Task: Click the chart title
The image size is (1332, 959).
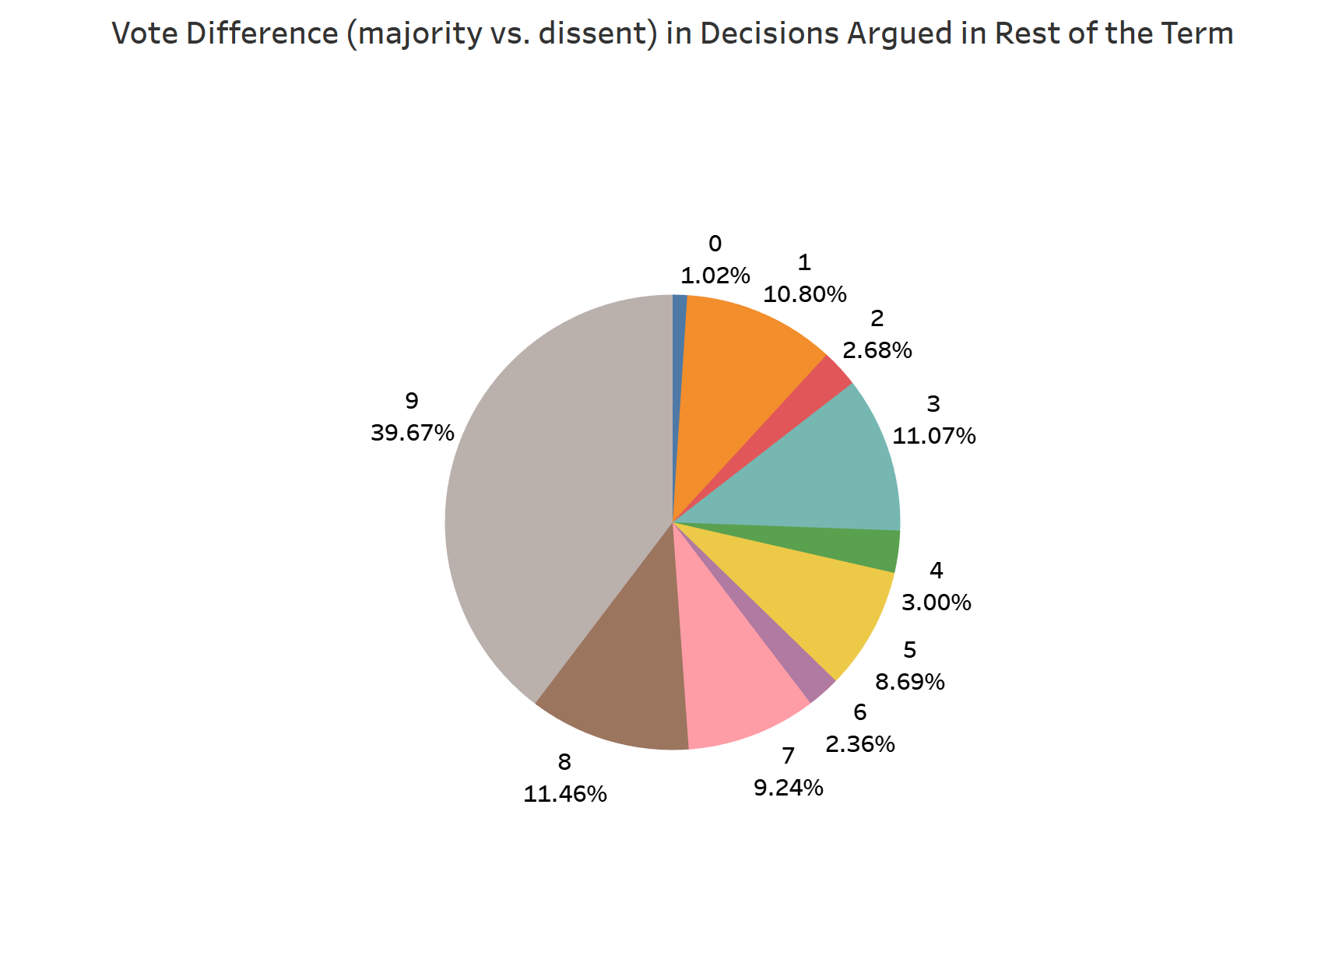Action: coord(672,33)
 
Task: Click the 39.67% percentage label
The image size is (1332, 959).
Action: coord(412,433)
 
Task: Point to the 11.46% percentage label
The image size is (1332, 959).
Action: coord(564,794)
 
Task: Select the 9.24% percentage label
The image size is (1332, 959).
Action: coord(788,788)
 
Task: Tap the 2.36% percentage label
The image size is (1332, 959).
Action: coord(859,744)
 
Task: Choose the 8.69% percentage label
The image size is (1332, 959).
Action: coord(909,682)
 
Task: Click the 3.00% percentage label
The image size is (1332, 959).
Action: coord(936,602)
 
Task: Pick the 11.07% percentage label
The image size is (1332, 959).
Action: coord(933,436)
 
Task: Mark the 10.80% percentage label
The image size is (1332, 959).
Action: coord(804,294)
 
